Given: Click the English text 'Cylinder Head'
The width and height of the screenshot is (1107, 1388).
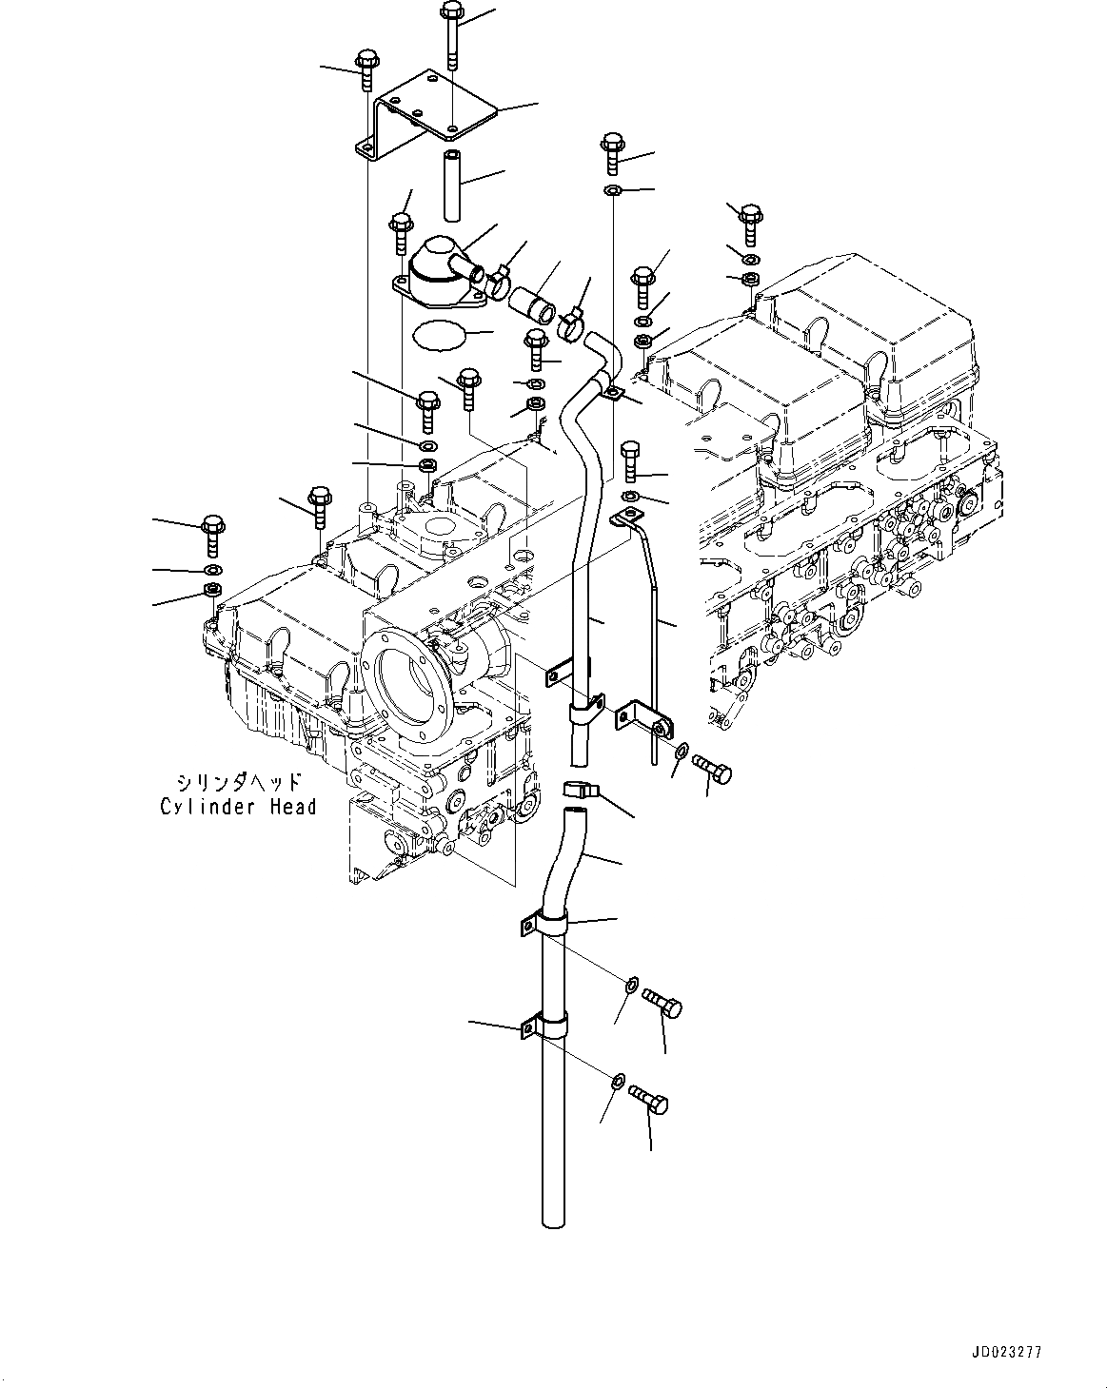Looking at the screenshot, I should pos(238,807).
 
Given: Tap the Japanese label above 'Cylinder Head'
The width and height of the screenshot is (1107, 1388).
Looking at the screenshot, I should pos(238,783).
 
